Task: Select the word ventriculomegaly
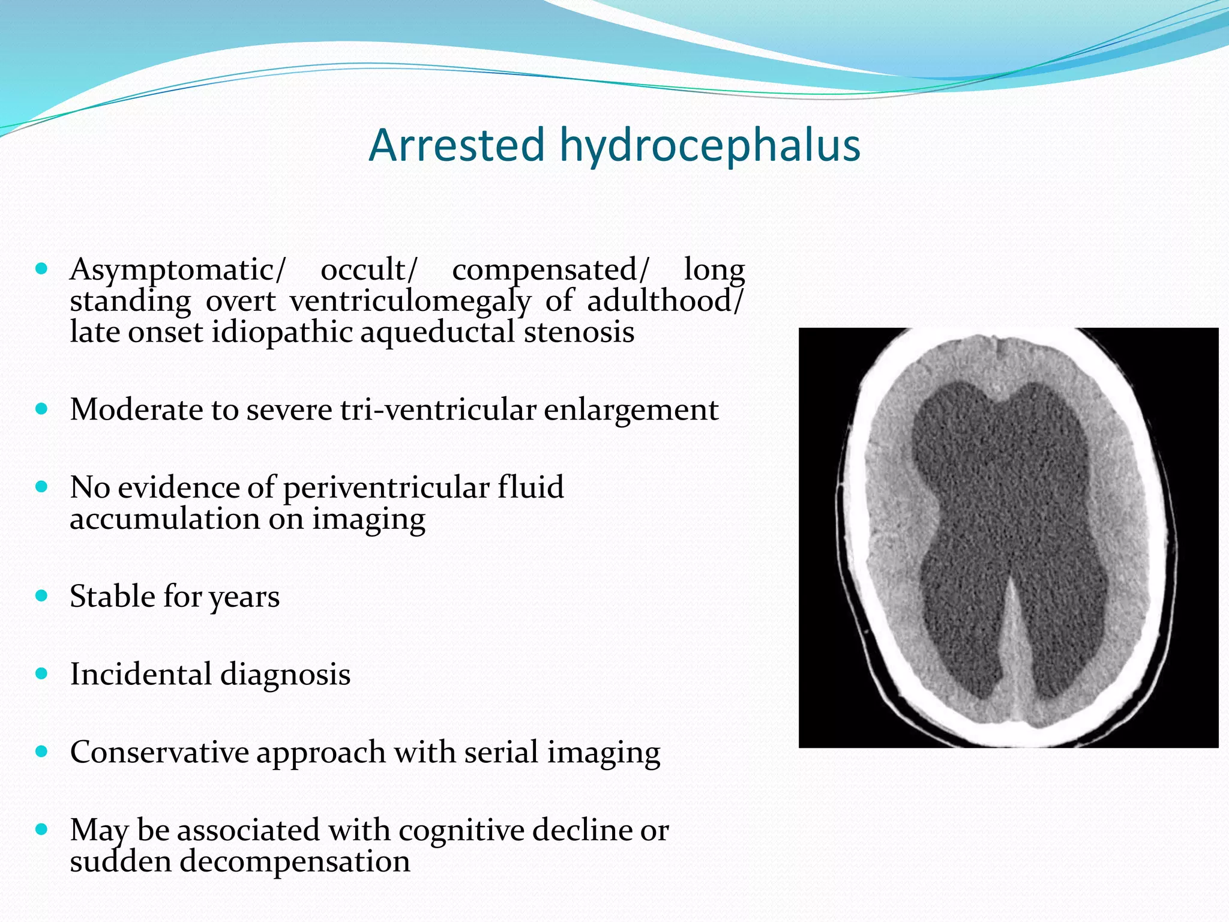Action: click(x=410, y=301)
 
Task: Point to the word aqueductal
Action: click(x=437, y=333)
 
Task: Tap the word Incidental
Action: click(x=139, y=674)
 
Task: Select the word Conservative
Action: click(x=159, y=752)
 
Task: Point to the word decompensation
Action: click(x=295, y=861)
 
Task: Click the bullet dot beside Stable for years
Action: click(x=41, y=596)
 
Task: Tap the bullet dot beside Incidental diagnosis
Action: click(x=41, y=674)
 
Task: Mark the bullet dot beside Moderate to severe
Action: click(x=41, y=410)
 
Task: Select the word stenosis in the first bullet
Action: click(x=578, y=333)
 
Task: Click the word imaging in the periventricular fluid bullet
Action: click(x=368, y=519)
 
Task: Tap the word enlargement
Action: click(x=631, y=410)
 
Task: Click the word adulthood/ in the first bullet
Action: click(x=666, y=301)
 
